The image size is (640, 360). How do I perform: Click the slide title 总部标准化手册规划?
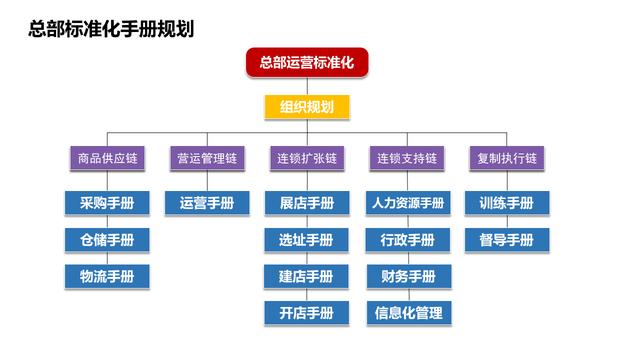111,29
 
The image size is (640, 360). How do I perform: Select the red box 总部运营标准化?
307,63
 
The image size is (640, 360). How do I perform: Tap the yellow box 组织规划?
307,107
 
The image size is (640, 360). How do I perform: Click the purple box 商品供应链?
107,158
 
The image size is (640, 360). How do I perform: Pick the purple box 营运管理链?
207,158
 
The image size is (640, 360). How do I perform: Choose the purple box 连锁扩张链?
307,158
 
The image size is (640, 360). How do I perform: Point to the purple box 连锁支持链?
407,158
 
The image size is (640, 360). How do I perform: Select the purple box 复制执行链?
507,158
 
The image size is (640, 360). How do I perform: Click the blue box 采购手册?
107,203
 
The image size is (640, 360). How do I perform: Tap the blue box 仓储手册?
107,240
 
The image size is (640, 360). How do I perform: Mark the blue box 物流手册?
107,276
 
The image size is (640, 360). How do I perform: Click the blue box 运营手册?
207,203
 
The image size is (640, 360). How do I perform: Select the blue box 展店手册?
307,203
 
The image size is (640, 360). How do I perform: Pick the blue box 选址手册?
307,240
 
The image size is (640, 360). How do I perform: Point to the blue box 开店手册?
307,312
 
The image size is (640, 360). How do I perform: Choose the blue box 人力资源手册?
407,203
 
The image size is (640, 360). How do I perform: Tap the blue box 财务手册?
407,276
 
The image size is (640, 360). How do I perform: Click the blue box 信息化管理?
407,312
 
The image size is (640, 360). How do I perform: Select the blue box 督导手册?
507,240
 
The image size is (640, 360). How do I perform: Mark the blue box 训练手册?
507,203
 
